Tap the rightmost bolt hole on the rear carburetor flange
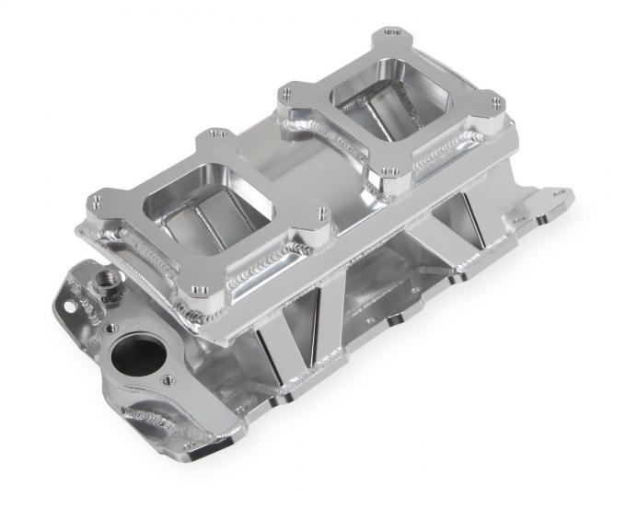(x=496, y=102)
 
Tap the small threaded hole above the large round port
(x=110, y=326)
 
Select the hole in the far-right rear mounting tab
(x=557, y=195)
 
